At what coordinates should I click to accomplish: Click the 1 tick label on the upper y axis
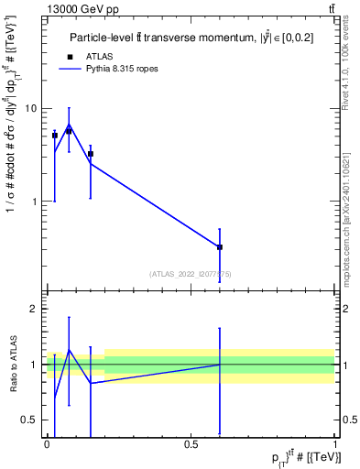pyautogui.click(x=33, y=202)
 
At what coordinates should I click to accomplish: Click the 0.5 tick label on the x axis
pyautogui.click(x=191, y=444)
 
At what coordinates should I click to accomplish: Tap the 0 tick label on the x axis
pyautogui.click(x=47, y=444)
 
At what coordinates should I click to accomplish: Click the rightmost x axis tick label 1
pyautogui.click(x=336, y=444)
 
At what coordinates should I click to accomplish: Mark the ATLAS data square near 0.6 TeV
pyautogui.click(x=220, y=247)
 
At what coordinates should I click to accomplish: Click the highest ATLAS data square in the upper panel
pyautogui.click(x=69, y=131)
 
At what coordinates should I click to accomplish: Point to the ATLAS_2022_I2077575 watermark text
pyautogui.click(x=190, y=273)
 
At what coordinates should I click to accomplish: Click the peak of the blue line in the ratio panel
pyautogui.click(x=69, y=350)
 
